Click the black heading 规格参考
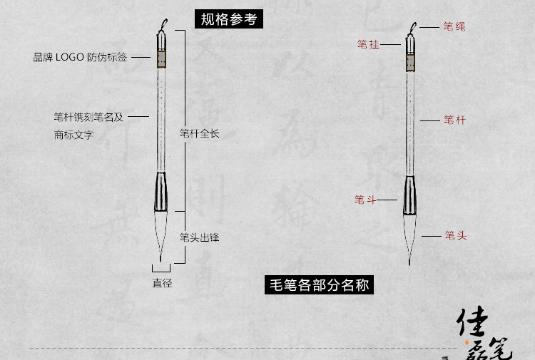[x=228, y=19]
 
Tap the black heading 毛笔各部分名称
[x=319, y=285]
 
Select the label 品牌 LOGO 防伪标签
[x=81, y=57]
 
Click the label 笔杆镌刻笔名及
[x=88, y=117]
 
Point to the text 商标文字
[x=73, y=134]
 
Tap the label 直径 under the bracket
[x=162, y=283]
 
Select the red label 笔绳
[x=454, y=27]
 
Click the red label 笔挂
[x=368, y=44]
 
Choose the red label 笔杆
[x=454, y=120]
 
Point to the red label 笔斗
[x=365, y=200]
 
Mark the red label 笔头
[x=455, y=235]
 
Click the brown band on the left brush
[x=163, y=57]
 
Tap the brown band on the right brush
[x=410, y=63]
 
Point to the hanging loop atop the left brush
[x=163, y=24]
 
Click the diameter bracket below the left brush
[x=162, y=269]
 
